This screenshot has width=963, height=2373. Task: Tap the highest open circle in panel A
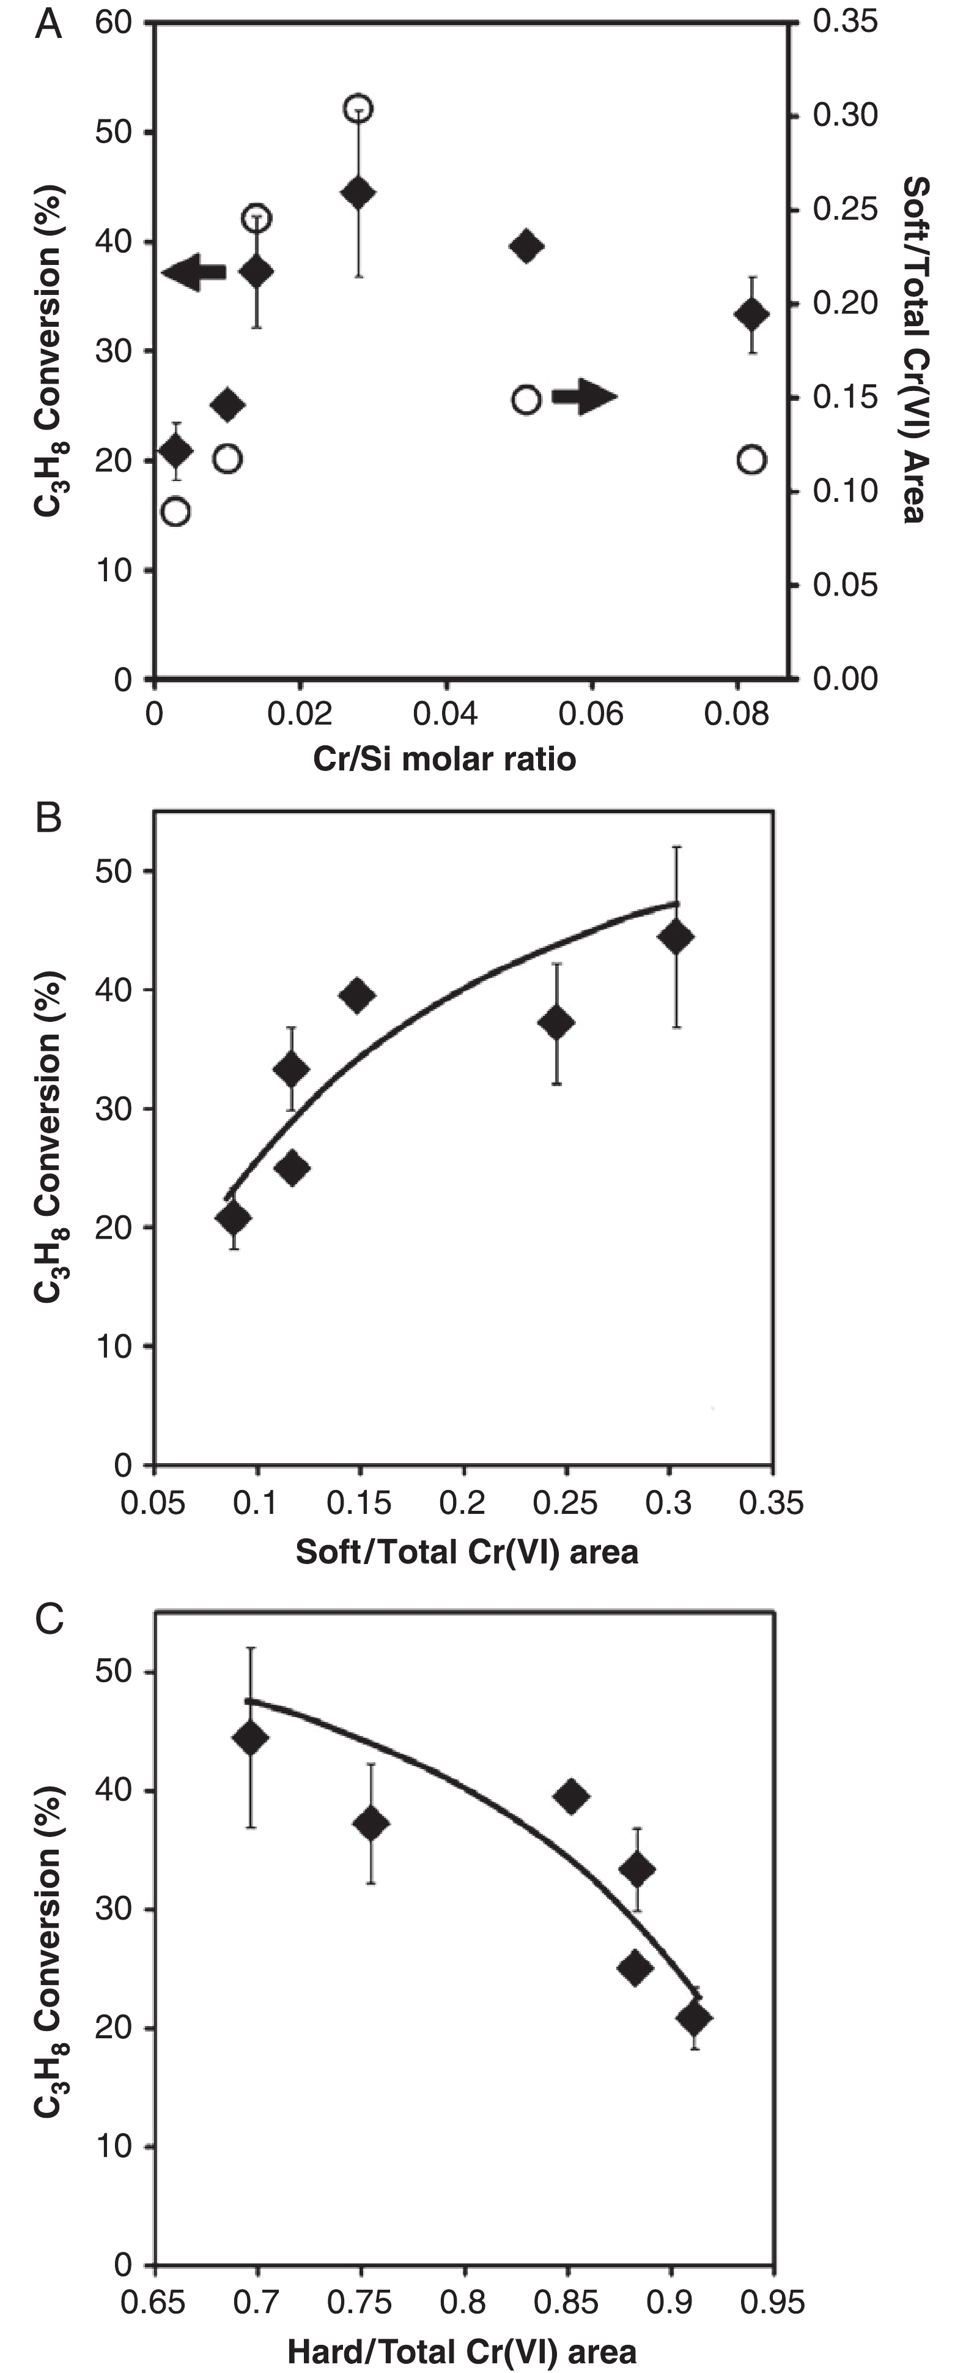point(358,109)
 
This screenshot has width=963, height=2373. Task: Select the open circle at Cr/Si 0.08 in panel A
point(752,460)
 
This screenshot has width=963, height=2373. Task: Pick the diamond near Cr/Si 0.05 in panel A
point(526,246)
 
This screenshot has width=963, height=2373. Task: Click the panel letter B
point(48,817)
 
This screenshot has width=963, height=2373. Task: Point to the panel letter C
point(48,1619)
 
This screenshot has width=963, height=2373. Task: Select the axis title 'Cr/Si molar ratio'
point(445,758)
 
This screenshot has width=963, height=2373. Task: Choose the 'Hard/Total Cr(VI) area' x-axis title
point(462,2352)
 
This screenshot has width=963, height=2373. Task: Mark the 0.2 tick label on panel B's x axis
point(462,1503)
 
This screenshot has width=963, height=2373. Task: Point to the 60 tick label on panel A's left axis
point(114,23)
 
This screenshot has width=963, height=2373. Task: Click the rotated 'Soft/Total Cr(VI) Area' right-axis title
point(914,350)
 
